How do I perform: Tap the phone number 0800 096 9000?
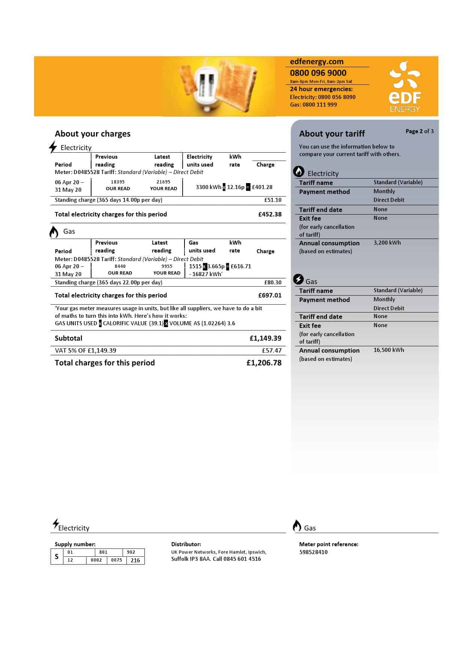[318, 73]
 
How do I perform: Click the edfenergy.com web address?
[316, 62]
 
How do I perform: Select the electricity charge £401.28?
[262, 187]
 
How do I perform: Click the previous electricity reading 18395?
[118, 182]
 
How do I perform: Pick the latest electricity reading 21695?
[163, 182]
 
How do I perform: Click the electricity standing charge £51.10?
[273, 200]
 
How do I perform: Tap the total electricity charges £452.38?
[270, 214]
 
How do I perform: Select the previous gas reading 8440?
[120, 266]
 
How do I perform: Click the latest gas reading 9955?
[167, 266]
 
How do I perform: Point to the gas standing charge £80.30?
[273, 282]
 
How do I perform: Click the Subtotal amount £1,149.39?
[265, 338]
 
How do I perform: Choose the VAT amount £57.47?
[271, 350]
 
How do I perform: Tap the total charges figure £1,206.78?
[264, 363]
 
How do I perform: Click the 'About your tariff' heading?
[332, 134]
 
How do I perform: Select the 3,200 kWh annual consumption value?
[387, 243]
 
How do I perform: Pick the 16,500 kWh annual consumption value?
[388, 350]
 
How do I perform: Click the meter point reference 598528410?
[313, 552]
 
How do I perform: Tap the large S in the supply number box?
[57, 556]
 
